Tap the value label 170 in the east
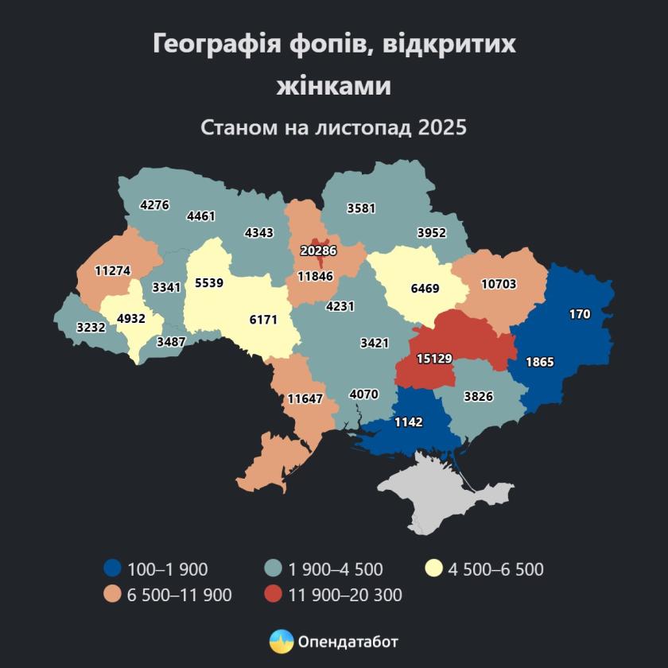click(580, 314)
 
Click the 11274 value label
click(112, 270)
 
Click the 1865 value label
click(540, 362)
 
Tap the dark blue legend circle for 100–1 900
click(113, 569)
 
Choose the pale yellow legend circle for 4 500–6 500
click(433, 569)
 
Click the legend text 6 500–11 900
click(179, 594)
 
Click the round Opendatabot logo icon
click(281, 640)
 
